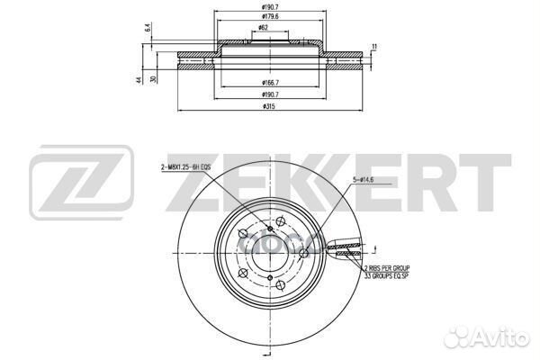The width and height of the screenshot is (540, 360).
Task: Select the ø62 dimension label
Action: [262, 28]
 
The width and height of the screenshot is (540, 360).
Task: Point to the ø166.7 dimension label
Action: [267, 84]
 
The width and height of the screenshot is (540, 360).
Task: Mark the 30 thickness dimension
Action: [154, 79]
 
